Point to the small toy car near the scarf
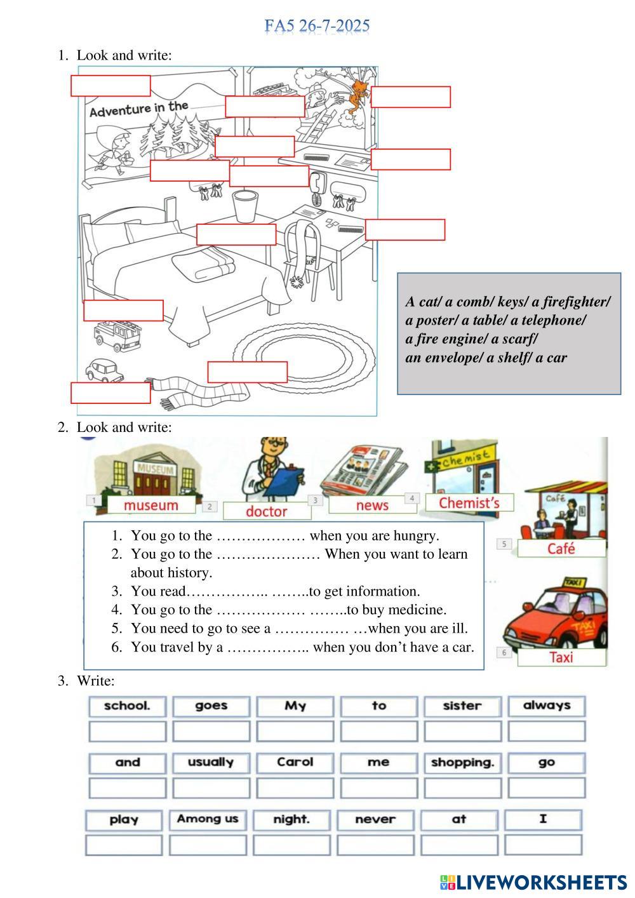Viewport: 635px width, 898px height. pos(105,370)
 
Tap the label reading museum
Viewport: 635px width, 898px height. pos(150,506)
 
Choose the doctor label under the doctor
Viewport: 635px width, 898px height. pos(266,511)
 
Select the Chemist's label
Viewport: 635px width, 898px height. pos(469,503)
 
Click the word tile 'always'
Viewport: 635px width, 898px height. pos(546,706)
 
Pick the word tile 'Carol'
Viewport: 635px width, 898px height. pos(295,762)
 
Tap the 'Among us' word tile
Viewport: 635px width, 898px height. pos(208,819)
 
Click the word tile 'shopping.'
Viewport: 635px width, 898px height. pos(462,762)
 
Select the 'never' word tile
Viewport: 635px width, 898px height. pos(375,819)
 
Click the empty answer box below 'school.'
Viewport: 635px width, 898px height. pos(127,732)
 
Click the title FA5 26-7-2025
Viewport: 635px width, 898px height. pos(317,26)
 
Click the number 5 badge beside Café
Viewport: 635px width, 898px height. pos(504,544)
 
